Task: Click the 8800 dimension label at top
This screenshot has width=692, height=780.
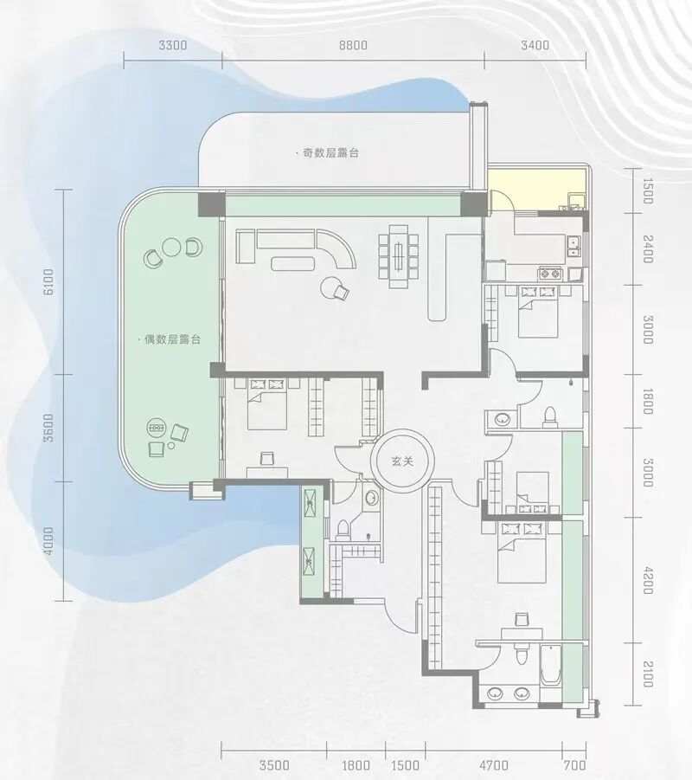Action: (x=353, y=45)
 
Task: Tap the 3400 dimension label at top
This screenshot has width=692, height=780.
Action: (x=535, y=45)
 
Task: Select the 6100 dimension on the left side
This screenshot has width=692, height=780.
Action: (x=48, y=282)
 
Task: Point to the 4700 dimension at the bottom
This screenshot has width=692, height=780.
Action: (x=494, y=765)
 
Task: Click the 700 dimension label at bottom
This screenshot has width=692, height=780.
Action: (x=575, y=765)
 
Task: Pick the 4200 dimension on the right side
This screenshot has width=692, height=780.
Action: (x=648, y=580)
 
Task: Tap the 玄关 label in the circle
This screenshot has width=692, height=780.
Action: (x=402, y=461)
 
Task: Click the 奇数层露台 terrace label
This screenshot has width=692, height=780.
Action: (x=328, y=153)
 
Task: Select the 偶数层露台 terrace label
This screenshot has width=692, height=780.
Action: (x=170, y=339)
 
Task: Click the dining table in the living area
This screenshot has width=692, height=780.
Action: (x=398, y=257)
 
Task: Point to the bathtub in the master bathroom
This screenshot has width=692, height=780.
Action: (x=550, y=665)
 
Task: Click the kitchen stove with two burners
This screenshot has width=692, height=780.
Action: (x=549, y=273)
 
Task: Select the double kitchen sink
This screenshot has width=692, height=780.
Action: (x=573, y=246)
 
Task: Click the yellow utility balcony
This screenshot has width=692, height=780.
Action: (x=538, y=190)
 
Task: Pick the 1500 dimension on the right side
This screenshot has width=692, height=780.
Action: (x=648, y=191)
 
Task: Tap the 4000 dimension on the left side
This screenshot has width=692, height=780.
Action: (x=48, y=541)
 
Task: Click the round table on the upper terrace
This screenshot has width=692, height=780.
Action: (x=172, y=247)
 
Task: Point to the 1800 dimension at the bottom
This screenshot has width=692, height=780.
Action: (x=356, y=765)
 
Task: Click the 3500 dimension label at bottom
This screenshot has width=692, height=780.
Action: (x=274, y=765)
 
